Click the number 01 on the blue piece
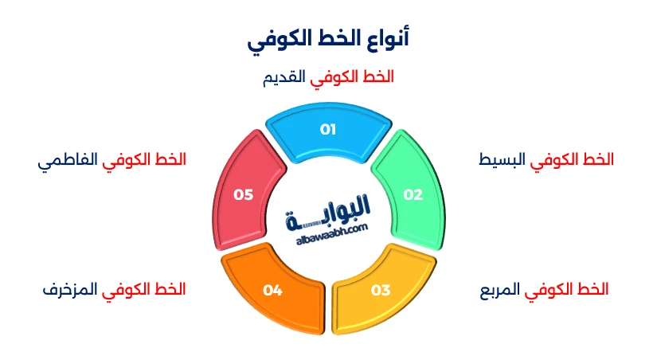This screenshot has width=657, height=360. coord(328,129)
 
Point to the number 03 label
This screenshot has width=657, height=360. coord(381,290)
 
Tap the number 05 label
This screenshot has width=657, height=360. coord(244,194)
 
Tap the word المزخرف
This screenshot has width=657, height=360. coord(69,289)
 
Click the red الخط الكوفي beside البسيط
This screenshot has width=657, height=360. coord(572,159)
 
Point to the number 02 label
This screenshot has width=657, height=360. coord(413,194)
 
